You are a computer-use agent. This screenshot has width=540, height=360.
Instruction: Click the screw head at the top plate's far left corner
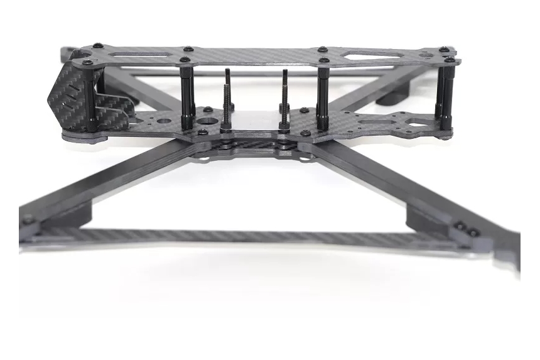(96, 46)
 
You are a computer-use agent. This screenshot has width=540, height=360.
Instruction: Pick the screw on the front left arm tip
(29, 220)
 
